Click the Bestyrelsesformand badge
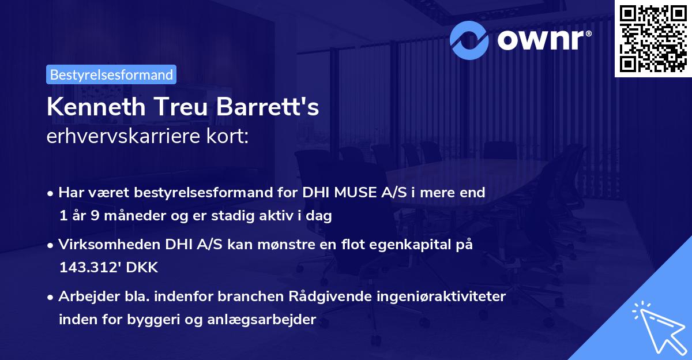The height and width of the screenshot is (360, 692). click(x=111, y=74)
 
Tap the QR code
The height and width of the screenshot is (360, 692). click(x=652, y=39)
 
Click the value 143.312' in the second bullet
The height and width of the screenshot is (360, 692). click(x=85, y=268)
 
